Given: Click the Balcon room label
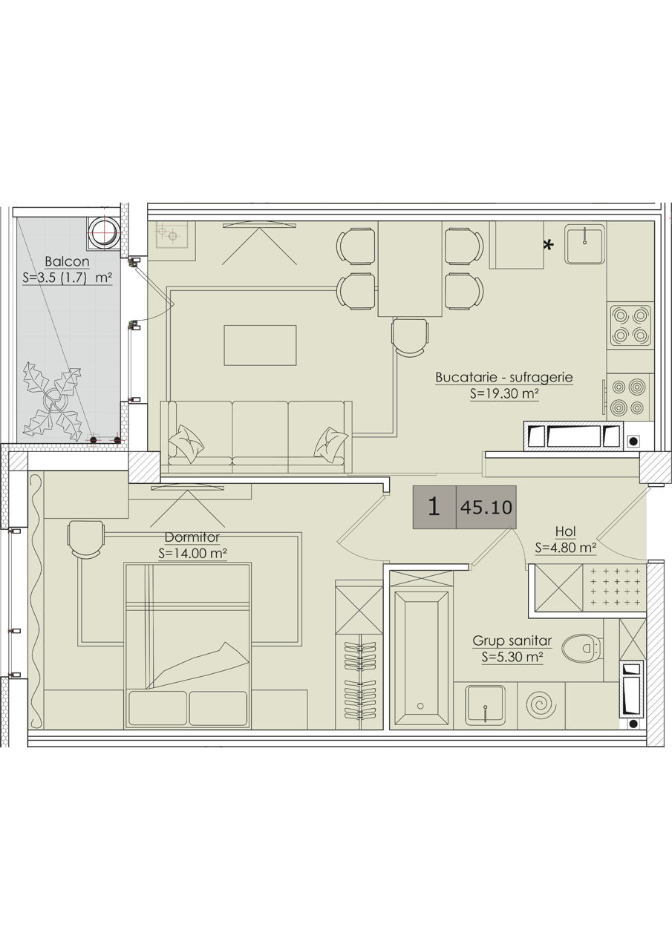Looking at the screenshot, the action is pyautogui.click(x=67, y=261).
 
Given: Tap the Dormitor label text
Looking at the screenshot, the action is pyautogui.click(x=192, y=537).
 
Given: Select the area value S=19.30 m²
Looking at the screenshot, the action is pyautogui.click(x=504, y=393).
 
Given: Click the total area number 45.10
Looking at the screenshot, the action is pyautogui.click(x=486, y=507).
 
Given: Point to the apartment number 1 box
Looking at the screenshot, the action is pyautogui.click(x=434, y=507).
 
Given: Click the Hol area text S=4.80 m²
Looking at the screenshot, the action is pyautogui.click(x=566, y=548).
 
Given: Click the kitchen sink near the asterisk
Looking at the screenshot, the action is pyautogui.click(x=584, y=244).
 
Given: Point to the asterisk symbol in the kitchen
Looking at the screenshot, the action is pyautogui.click(x=549, y=245).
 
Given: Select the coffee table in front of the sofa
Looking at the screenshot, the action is pyautogui.click(x=260, y=345).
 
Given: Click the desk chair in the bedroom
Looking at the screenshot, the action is pyautogui.click(x=86, y=540).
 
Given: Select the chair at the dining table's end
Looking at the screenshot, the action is pyautogui.click(x=410, y=338).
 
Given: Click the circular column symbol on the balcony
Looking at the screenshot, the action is pyautogui.click(x=103, y=233).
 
